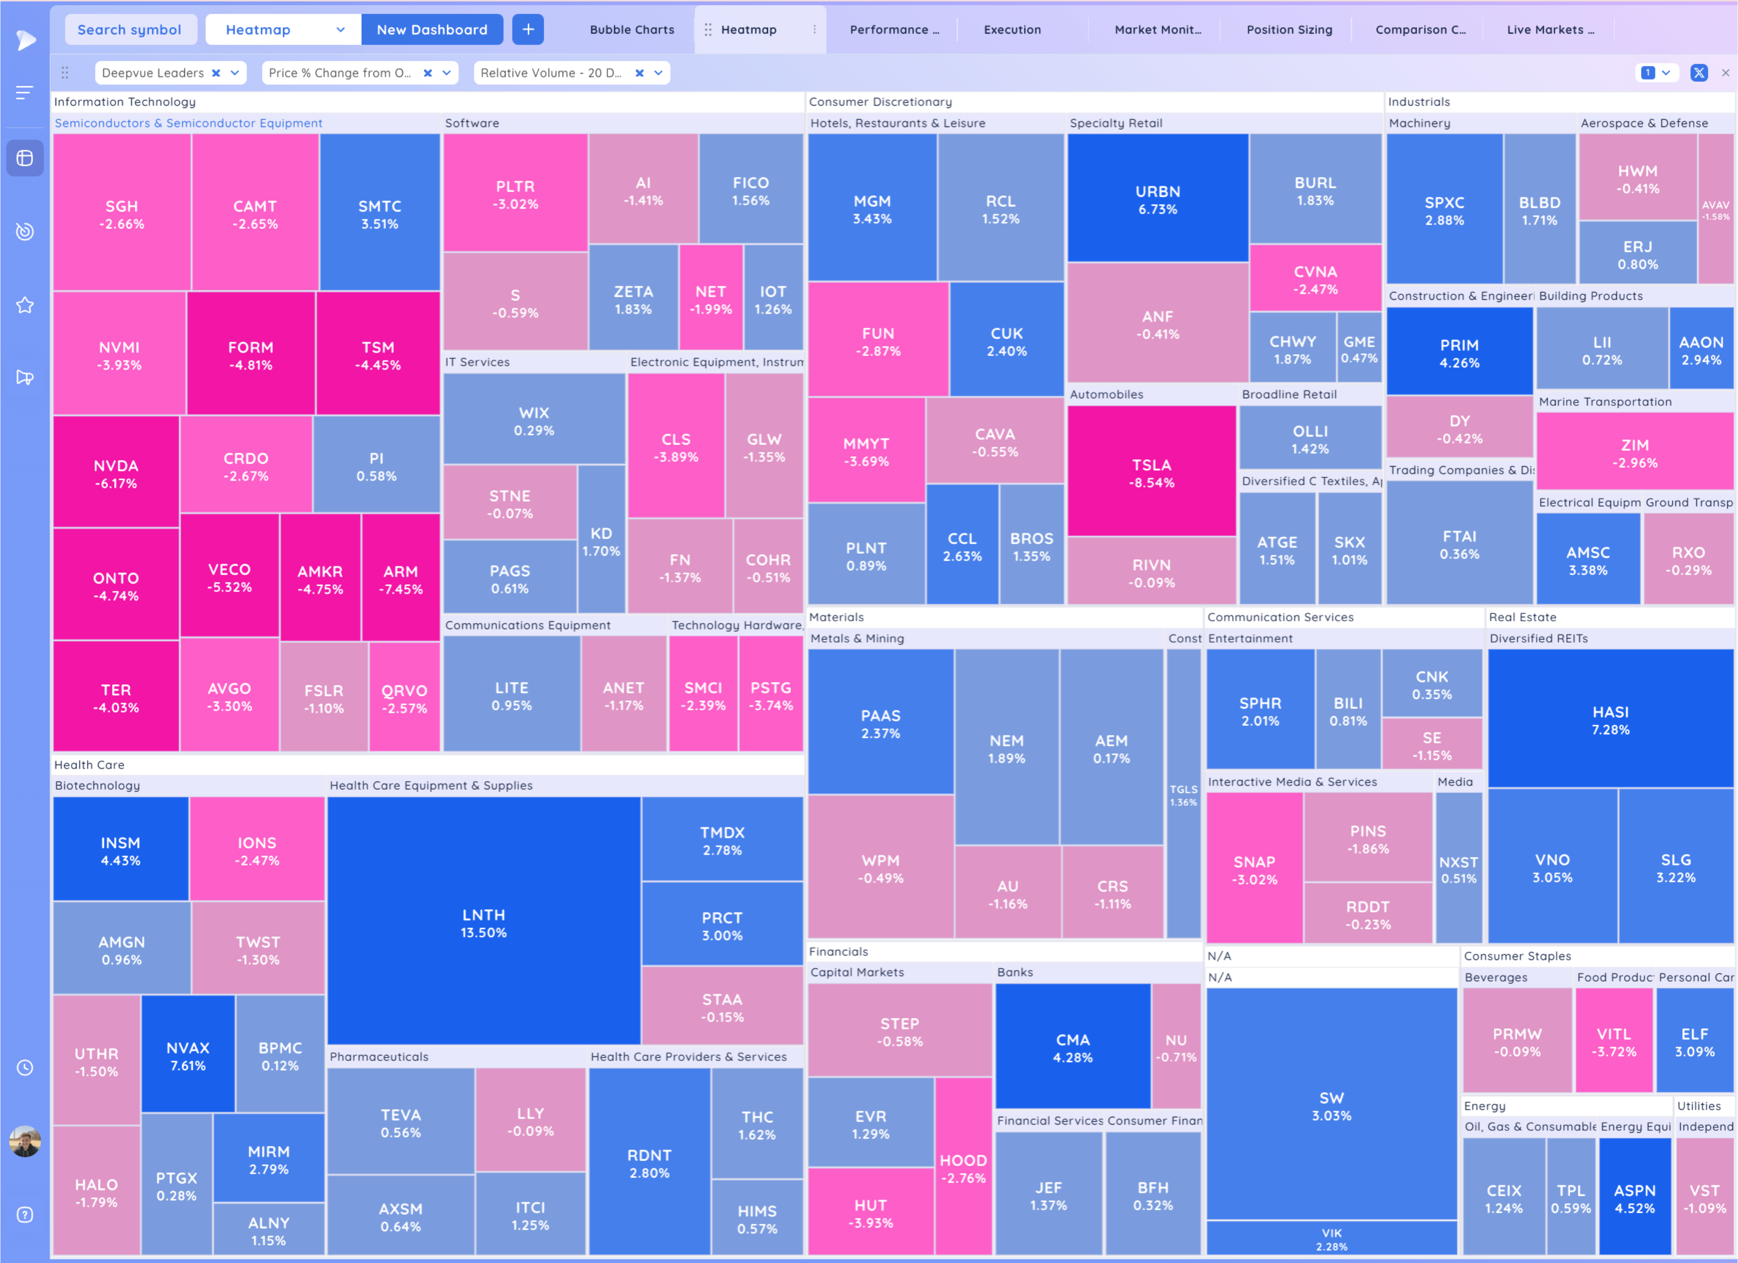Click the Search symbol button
[129, 30]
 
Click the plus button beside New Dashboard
[528, 30]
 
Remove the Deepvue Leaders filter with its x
[216, 73]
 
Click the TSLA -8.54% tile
[1151, 473]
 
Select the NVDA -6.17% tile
[116, 473]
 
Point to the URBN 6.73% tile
[1157, 199]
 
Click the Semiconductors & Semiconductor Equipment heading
[189, 123]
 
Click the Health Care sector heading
[90, 764]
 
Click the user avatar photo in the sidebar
[25, 1141]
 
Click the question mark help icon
[25, 1215]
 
